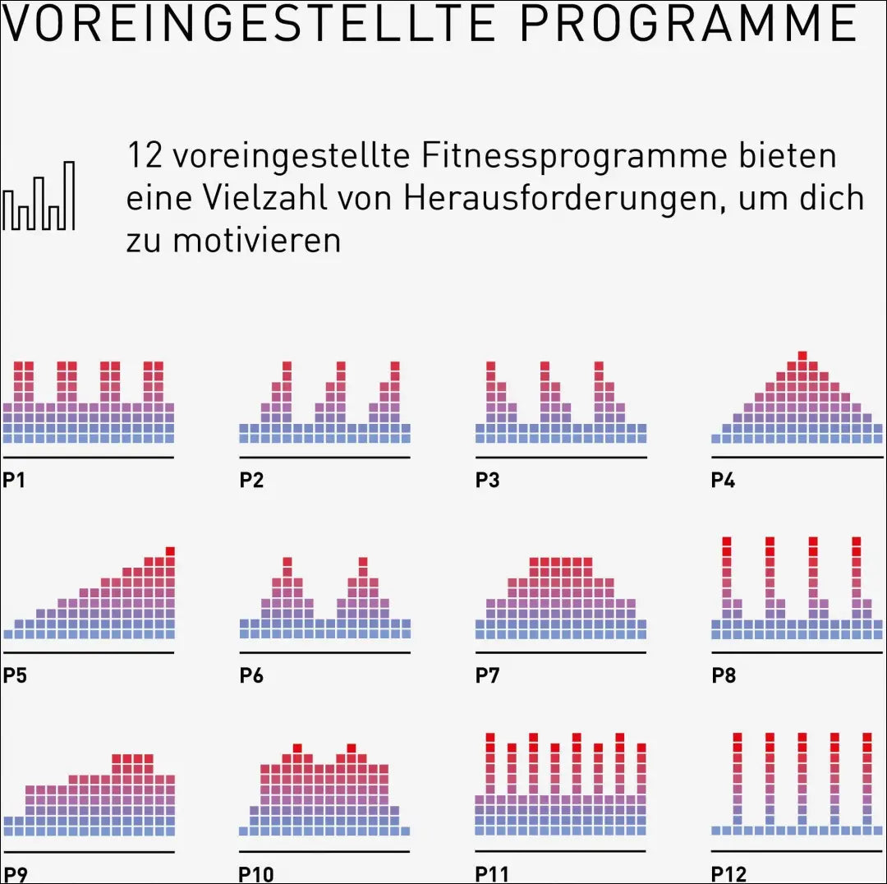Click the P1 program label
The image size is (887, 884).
(14, 480)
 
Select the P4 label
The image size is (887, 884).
(723, 480)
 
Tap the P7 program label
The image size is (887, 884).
(487, 675)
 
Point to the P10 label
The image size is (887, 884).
(256, 874)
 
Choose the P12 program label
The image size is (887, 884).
(728, 874)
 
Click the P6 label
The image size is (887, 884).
(251, 675)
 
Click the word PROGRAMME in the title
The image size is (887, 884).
(689, 23)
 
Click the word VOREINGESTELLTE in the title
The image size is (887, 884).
(249, 23)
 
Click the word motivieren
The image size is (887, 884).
(257, 240)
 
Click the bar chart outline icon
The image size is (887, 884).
(39, 196)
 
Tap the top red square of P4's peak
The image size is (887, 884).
(802, 356)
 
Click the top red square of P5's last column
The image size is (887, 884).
(170, 551)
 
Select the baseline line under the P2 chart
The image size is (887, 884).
(324, 457)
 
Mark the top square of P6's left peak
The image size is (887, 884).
(287, 562)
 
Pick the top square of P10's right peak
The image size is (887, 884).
(352, 748)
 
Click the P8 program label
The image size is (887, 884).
(724, 675)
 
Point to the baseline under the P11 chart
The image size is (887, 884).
(561, 850)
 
